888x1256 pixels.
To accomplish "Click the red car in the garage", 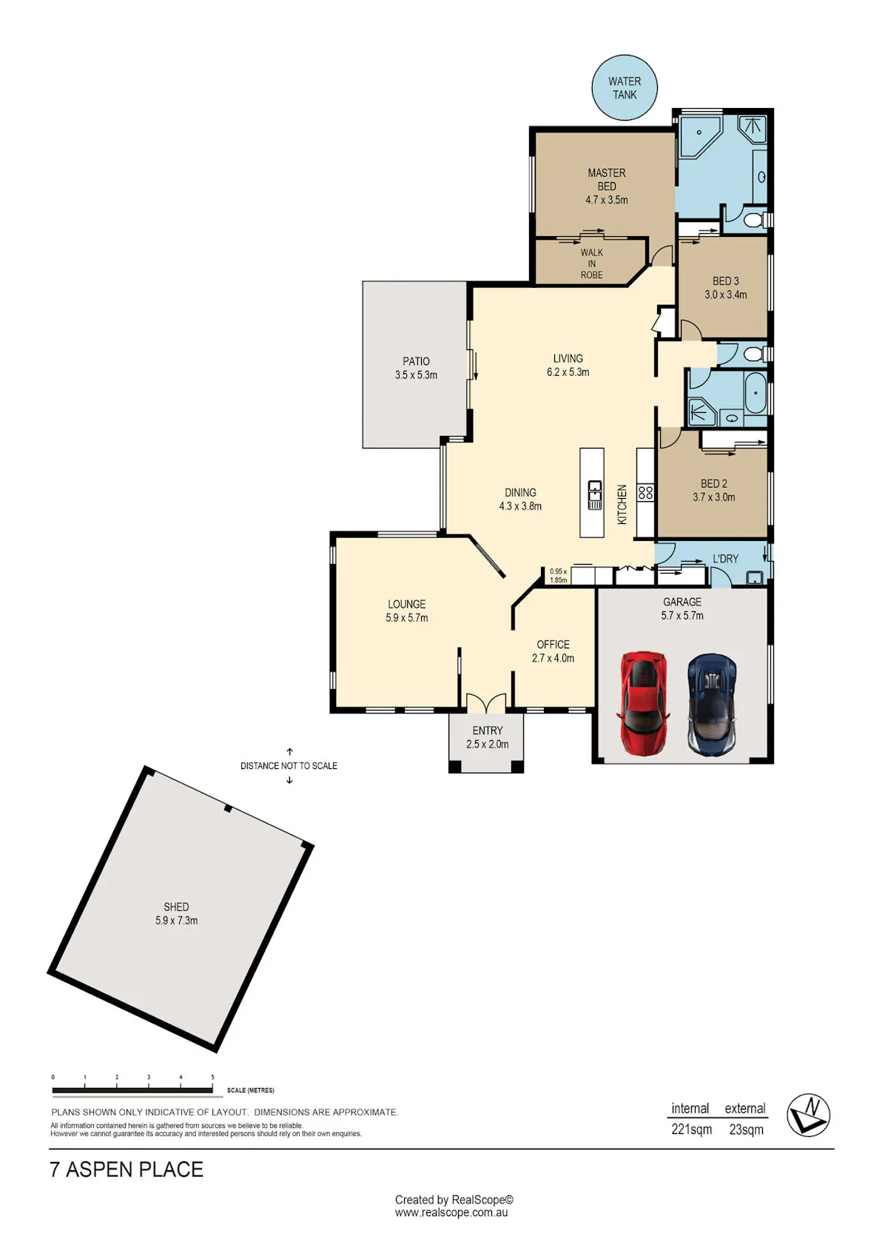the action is tap(644, 702).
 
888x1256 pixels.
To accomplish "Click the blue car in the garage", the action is tap(711, 704).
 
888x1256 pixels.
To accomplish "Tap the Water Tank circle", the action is tap(625, 88).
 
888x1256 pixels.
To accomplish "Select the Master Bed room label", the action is tap(607, 179).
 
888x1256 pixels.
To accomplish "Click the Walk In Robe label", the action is tap(591, 263).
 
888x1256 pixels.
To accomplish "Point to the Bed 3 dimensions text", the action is tap(725, 295).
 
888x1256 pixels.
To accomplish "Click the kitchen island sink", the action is tap(595, 494).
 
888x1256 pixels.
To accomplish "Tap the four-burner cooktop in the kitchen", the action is tap(645, 492).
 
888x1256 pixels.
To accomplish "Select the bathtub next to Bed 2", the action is tap(756, 393).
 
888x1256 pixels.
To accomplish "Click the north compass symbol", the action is tap(808, 1115).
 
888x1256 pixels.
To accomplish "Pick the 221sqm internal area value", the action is tap(691, 1129).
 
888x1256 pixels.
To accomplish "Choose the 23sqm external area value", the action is tap(746, 1129).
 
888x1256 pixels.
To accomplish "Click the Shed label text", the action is tap(176, 907).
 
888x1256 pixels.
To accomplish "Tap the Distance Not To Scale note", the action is tap(289, 765).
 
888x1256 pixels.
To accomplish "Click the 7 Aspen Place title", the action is tap(127, 1169).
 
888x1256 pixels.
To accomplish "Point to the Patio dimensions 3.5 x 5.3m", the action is tap(416, 375).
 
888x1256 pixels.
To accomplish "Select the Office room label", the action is tap(553, 644).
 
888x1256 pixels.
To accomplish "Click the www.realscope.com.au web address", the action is tap(451, 1212).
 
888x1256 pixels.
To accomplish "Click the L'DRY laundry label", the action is tap(725, 559).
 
